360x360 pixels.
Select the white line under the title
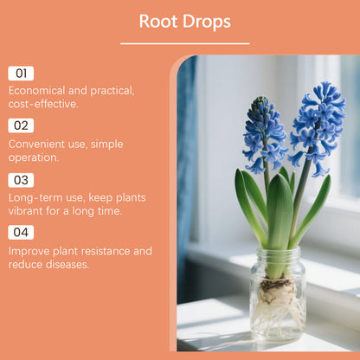point(184,43)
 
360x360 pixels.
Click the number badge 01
point(22,74)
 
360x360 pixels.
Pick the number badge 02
point(22,125)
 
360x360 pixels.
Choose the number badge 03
point(22,180)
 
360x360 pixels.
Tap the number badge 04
point(22,232)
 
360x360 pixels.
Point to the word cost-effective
point(42,104)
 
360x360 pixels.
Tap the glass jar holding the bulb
point(277,303)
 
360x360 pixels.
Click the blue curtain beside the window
point(186,173)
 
